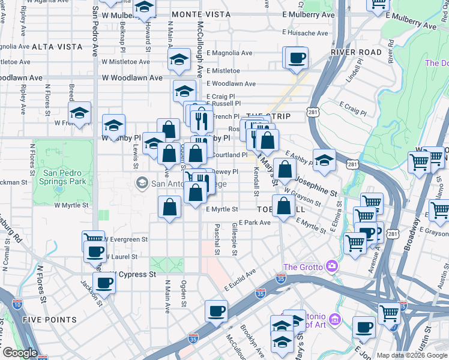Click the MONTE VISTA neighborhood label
200,14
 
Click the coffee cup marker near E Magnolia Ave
297,58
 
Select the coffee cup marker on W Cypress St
104,282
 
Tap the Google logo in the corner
20,353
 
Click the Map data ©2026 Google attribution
412,355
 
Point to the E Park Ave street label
255,223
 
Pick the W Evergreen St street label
127,239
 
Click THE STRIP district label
268,116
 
